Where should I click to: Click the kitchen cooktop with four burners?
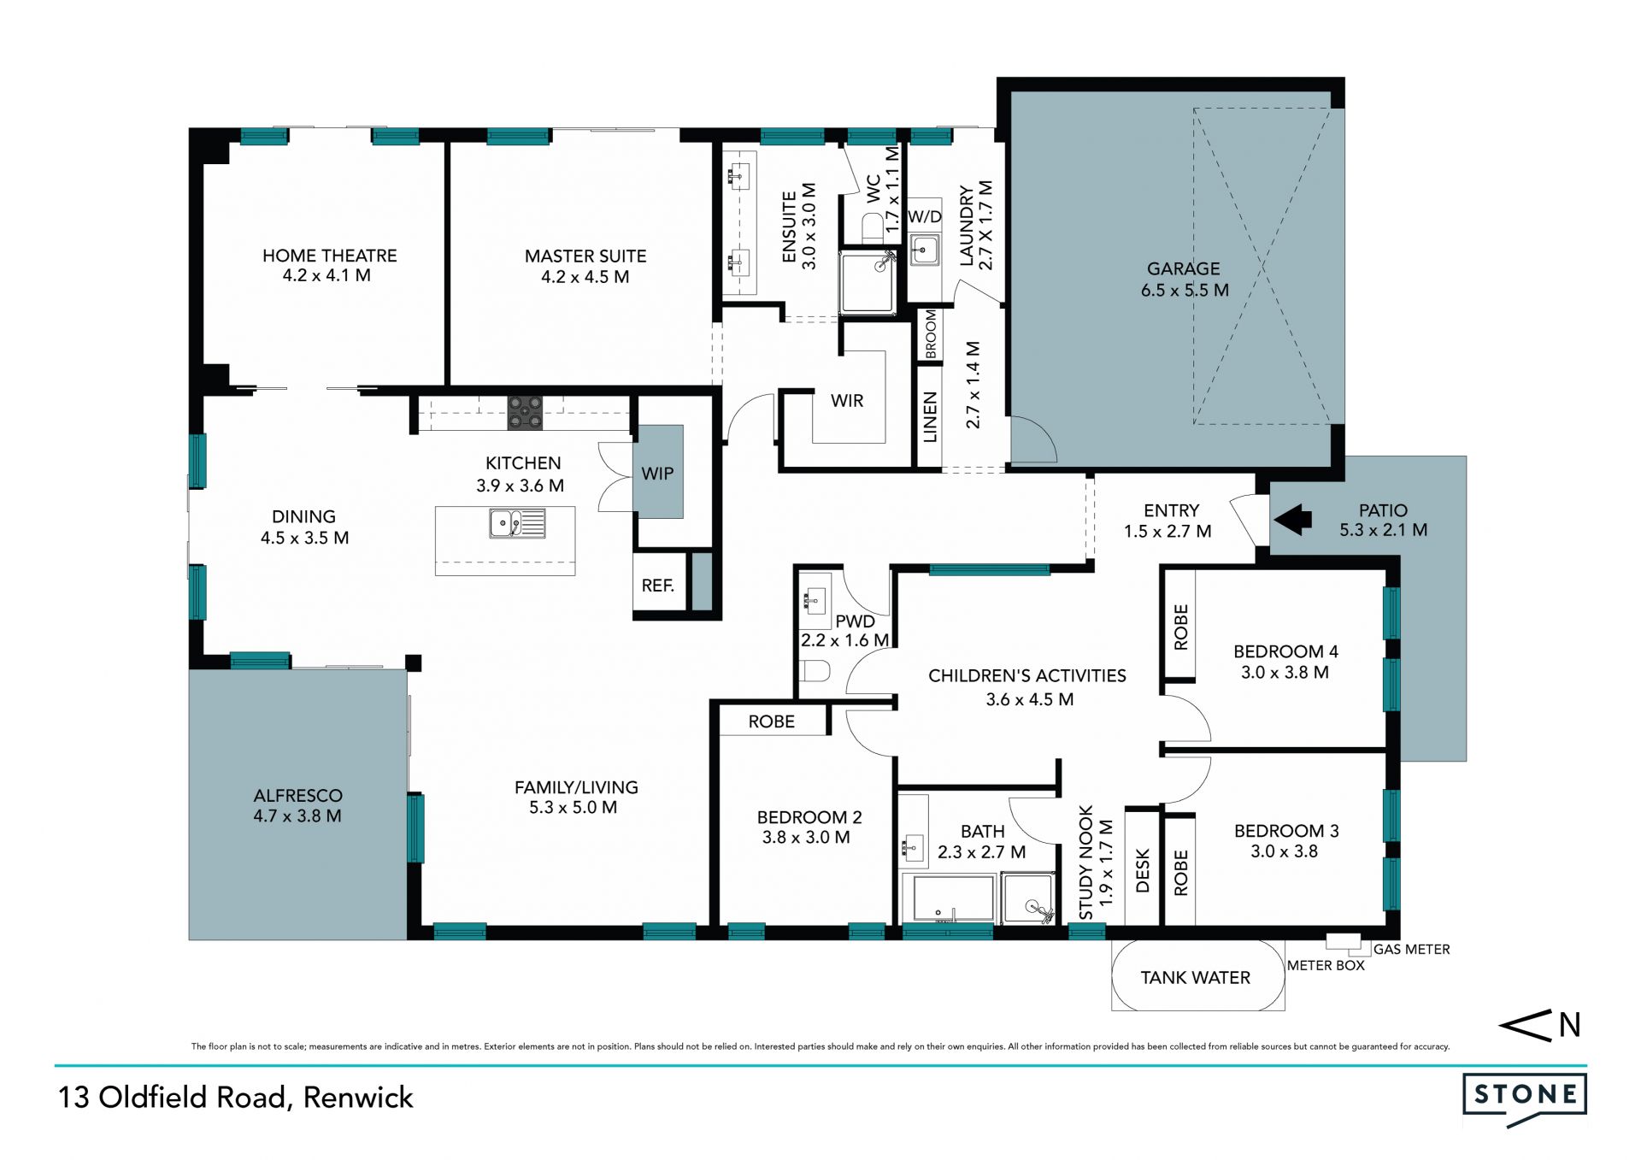point(525,412)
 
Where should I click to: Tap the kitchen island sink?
point(517,523)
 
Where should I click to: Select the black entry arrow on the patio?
point(1293,519)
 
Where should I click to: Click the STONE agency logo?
point(1525,1098)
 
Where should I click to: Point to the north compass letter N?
point(1569,1025)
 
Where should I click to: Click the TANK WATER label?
point(1195,977)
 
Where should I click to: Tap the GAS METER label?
point(1411,949)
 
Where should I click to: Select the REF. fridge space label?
point(658,586)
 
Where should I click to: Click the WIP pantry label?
point(657,473)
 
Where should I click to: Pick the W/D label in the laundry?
point(924,216)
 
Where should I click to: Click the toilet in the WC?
point(872,228)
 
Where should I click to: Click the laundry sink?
point(923,251)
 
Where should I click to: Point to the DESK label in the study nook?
point(1143,870)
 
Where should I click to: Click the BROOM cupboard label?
point(931,334)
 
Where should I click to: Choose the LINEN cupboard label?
point(930,417)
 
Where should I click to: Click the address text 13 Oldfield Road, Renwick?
point(235,1098)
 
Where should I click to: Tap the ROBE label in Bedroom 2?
point(771,721)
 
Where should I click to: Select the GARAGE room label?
point(1183,268)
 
